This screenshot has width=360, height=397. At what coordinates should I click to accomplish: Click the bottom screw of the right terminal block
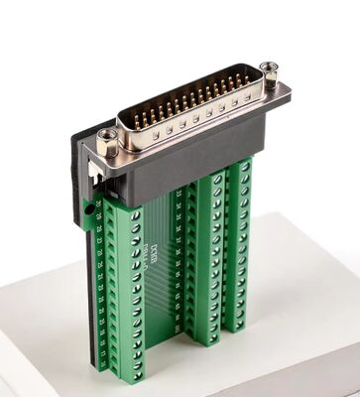tap(239, 320)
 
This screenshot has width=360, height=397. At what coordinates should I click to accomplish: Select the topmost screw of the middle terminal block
tap(212, 185)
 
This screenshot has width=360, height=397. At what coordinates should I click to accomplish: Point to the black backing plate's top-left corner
tap(71, 130)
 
